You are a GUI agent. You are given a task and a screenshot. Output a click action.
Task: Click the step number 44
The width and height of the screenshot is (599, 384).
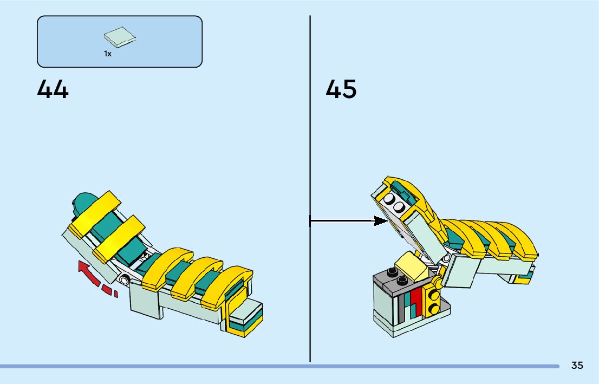[x=53, y=89]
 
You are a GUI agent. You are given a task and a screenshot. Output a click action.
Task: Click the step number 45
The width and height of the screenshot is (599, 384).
[x=341, y=89]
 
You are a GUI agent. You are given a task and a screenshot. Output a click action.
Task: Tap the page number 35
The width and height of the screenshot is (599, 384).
[x=577, y=366]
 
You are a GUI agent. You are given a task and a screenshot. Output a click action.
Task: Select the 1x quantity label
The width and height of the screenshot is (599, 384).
[x=108, y=54]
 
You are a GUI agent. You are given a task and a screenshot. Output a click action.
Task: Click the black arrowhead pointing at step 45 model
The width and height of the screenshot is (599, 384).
[x=381, y=220]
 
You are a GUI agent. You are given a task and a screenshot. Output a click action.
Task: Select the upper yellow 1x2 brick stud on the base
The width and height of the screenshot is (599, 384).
[x=434, y=296]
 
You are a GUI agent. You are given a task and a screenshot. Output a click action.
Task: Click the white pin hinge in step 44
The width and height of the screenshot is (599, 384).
[x=125, y=280]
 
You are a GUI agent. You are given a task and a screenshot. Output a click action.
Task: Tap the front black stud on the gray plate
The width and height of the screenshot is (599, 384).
[x=401, y=280]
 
